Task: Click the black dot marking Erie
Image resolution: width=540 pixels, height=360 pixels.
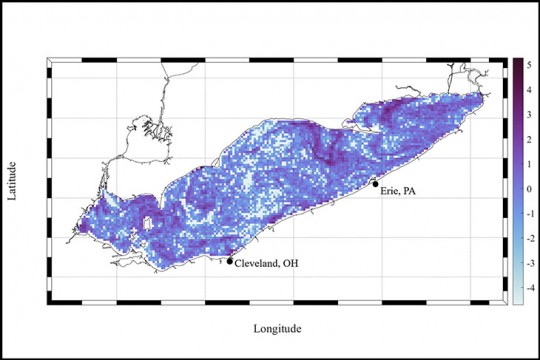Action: click(x=375, y=184)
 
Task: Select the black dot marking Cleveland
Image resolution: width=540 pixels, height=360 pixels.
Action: click(x=230, y=261)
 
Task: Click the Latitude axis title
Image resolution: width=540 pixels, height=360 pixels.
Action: click(x=12, y=180)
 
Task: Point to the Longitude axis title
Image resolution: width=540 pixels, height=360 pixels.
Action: click(x=276, y=327)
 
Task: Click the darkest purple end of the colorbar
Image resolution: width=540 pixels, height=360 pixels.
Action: click(x=518, y=62)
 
